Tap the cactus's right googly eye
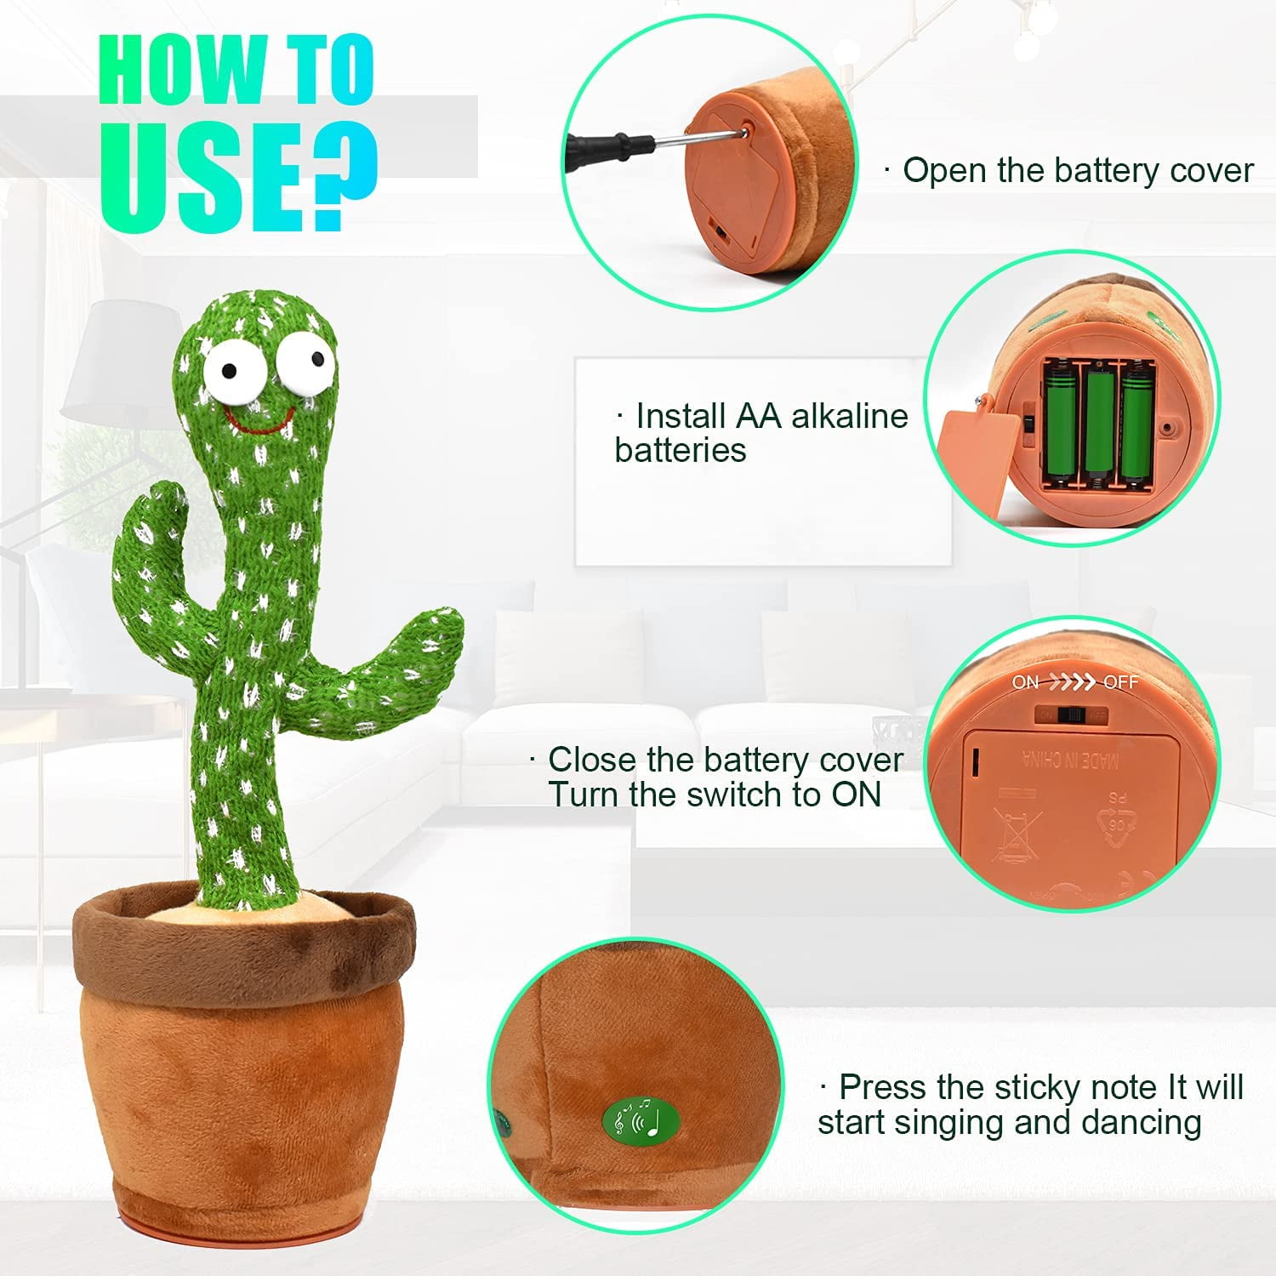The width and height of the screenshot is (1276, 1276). point(306,360)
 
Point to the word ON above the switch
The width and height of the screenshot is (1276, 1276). point(1026,682)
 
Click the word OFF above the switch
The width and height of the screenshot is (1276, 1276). point(1120,682)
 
